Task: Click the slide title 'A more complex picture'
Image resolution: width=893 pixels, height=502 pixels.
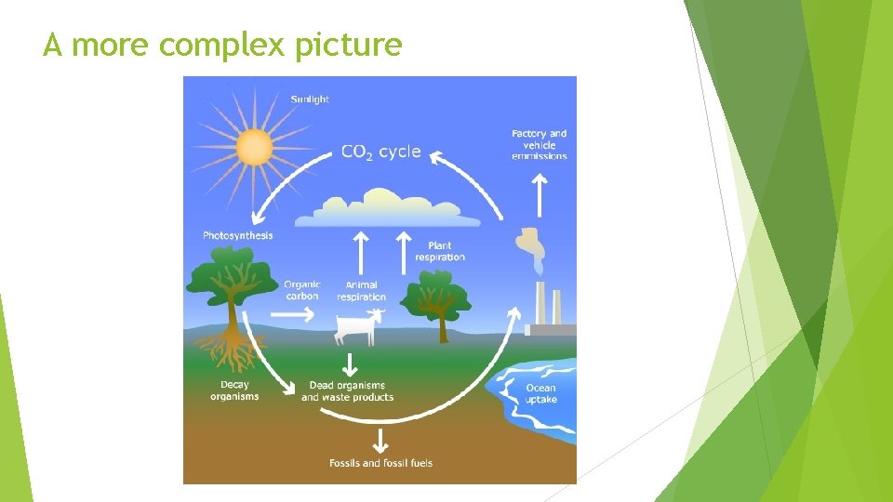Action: (x=222, y=45)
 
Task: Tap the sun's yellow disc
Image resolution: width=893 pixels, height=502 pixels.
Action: (x=254, y=147)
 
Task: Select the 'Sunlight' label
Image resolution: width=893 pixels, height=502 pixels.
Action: (x=310, y=99)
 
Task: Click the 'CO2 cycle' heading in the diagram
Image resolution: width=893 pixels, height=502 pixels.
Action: (x=380, y=152)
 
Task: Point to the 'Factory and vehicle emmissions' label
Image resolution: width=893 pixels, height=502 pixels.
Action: (x=539, y=145)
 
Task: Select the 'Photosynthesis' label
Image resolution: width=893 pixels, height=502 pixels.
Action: (x=238, y=235)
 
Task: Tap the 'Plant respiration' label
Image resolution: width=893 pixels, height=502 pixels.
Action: (x=439, y=251)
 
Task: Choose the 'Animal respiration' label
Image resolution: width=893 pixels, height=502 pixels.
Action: (x=361, y=291)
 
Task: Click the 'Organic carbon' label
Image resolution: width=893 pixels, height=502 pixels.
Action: (x=302, y=290)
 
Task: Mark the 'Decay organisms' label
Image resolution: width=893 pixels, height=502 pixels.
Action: (x=234, y=390)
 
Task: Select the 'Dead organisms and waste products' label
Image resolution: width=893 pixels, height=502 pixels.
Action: (x=347, y=391)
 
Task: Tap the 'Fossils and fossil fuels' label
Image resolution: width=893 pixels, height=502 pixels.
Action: (x=380, y=463)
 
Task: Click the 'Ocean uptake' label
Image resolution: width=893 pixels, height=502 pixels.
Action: (x=540, y=393)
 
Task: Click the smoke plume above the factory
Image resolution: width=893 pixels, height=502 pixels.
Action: (x=531, y=246)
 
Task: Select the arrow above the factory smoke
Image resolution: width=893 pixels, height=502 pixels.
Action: (x=539, y=194)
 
